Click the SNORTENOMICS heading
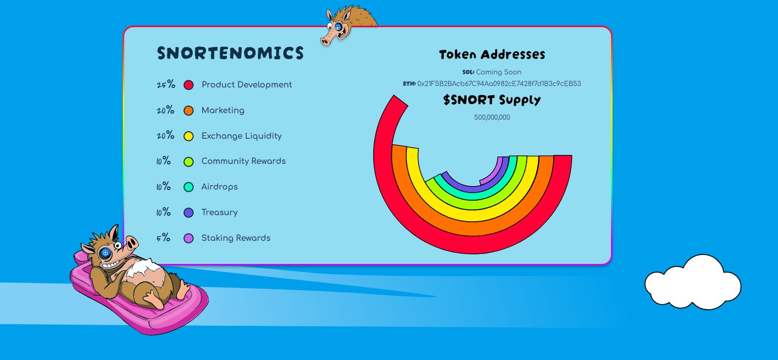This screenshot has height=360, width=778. (x=230, y=53)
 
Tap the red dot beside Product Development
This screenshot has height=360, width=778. (x=189, y=85)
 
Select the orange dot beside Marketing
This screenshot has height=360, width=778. (x=189, y=111)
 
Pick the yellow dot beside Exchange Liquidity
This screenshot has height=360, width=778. (x=189, y=136)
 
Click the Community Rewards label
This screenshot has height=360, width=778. (x=243, y=161)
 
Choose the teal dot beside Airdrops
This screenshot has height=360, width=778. (x=189, y=187)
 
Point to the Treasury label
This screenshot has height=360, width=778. (x=219, y=213)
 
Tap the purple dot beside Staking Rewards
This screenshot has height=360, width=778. (x=189, y=238)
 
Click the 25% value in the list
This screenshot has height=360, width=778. (x=166, y=84)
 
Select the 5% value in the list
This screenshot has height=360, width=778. (x=163, y=238)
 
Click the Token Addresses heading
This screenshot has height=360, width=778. (x=492, y=54)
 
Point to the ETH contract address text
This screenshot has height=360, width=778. (x=499, y=83)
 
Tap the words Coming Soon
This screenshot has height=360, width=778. (x=499, y=72)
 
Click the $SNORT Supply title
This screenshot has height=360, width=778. (x=492, y=100)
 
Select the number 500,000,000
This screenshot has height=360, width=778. (x=492, y=117)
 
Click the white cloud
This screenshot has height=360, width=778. (x=693, y=283)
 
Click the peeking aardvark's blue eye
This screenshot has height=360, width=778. (x=337, y=27)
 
